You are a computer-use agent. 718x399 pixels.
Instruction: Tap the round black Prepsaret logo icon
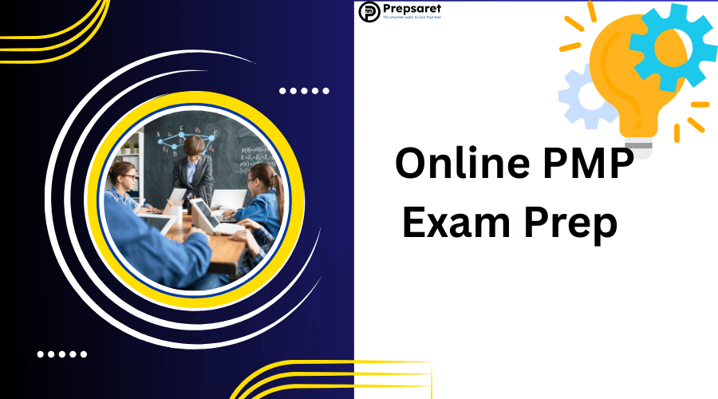369,11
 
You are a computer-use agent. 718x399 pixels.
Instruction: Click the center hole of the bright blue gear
667,47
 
